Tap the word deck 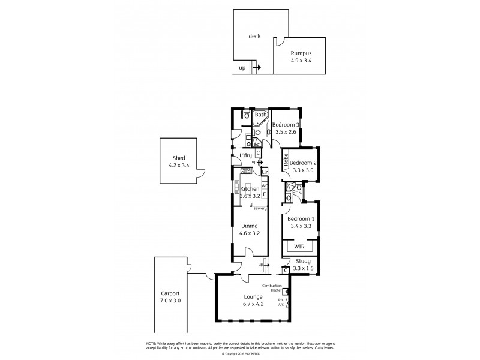[255, 36]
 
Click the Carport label [170, 293]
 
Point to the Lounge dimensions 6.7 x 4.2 [254, 304]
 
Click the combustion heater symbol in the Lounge [286, 292]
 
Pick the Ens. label [296, 192]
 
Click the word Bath [260, 115]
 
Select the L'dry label [245, 156]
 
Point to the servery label [260, 208]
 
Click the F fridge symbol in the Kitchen [264, 194]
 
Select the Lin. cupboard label [265, 172]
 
